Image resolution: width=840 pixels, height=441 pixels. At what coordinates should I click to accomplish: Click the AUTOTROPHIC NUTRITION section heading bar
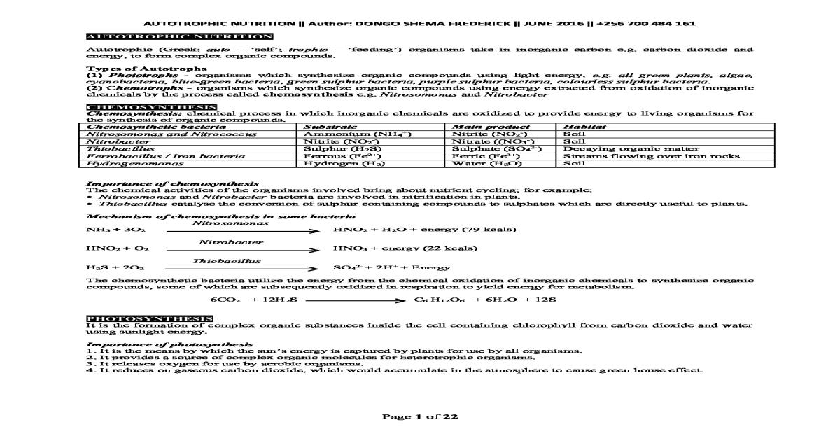click(x=178, y=36)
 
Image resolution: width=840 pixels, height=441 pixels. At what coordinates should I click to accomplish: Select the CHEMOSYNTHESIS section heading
click(x=151, y=106)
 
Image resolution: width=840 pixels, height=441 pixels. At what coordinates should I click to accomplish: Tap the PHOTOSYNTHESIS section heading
click(x=149, y=319)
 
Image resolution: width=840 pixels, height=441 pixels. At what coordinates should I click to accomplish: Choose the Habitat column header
click(x=580, y=127)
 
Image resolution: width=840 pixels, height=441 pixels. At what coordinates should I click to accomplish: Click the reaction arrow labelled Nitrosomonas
click(x=231, y=230)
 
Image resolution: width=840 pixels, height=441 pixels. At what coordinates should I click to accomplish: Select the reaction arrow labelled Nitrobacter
click(x=231, y=249)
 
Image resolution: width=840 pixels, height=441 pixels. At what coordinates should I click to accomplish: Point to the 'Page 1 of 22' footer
click(x=419, y=417)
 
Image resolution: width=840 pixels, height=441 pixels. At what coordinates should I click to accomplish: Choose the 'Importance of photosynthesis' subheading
click(x=169, y=344)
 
